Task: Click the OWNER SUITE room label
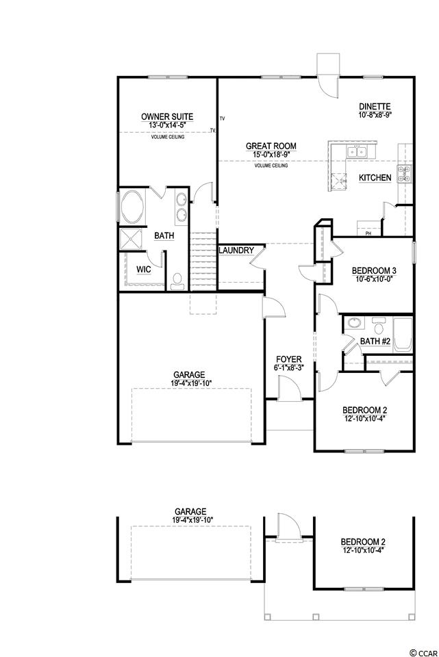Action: tap(167, 117)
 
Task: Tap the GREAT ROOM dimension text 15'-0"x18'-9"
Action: tap(271, 154)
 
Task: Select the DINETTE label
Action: tap(375, 107)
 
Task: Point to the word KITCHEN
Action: tap(375, 178)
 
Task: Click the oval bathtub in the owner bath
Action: tap(132, 207)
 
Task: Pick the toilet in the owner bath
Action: tap(178, 281)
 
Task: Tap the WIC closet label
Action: tap(144, 270)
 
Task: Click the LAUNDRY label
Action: tap(236, 250)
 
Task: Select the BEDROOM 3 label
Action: tap(374, 271)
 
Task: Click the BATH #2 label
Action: tap(375, 342)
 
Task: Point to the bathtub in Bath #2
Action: tap(403, 334)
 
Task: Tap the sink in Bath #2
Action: tap(355, 323)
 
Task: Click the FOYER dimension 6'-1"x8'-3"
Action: tap(289, 368)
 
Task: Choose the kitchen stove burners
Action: tap(404, 174)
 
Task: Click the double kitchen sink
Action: tap(357, 152)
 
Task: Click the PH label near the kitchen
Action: tap(368, 233)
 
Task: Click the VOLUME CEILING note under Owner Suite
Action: tap(168, 137)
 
